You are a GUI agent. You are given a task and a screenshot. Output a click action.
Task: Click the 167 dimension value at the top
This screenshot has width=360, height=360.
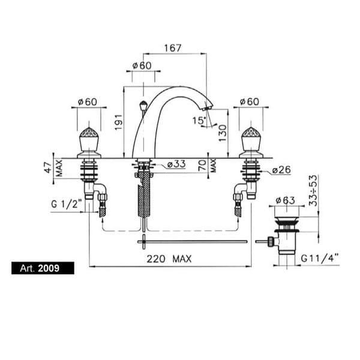coord(173,48)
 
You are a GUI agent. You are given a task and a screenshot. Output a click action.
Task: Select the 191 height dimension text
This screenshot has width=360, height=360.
coord(118,122)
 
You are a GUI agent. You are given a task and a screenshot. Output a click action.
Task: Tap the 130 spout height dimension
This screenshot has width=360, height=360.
coord(223,133)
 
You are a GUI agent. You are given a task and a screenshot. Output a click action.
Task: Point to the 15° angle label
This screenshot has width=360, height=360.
coord(199,121)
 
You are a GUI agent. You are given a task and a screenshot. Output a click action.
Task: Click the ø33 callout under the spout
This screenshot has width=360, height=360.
coord(176,164)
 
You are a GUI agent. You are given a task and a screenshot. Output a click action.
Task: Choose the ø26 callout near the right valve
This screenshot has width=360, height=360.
coord(281,170)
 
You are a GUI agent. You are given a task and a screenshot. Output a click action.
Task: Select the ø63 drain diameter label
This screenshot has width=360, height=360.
coord(286,200)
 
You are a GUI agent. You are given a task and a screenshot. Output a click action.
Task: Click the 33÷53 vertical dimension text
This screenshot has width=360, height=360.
coord(313,191)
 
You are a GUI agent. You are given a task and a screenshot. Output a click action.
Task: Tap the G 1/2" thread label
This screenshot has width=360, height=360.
coord(67,204)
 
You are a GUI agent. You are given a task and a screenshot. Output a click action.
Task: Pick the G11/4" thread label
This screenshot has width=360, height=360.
coord(320,259)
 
